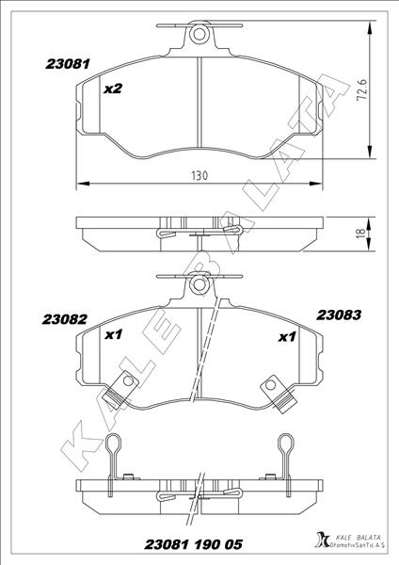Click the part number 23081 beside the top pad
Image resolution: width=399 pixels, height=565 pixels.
click(68, 65)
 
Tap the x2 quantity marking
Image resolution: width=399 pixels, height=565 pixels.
click(113, 89)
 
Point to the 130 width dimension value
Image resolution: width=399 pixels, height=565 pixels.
click(199, 175)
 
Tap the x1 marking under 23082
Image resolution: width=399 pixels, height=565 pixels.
click(114, 334)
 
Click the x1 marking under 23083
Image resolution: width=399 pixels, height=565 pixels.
click(288, 336)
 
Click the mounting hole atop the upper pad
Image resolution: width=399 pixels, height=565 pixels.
click(199, 35)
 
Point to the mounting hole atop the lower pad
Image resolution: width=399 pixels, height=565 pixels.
click(199, 282)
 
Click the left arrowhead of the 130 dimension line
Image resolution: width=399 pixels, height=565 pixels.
click(79, 183)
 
